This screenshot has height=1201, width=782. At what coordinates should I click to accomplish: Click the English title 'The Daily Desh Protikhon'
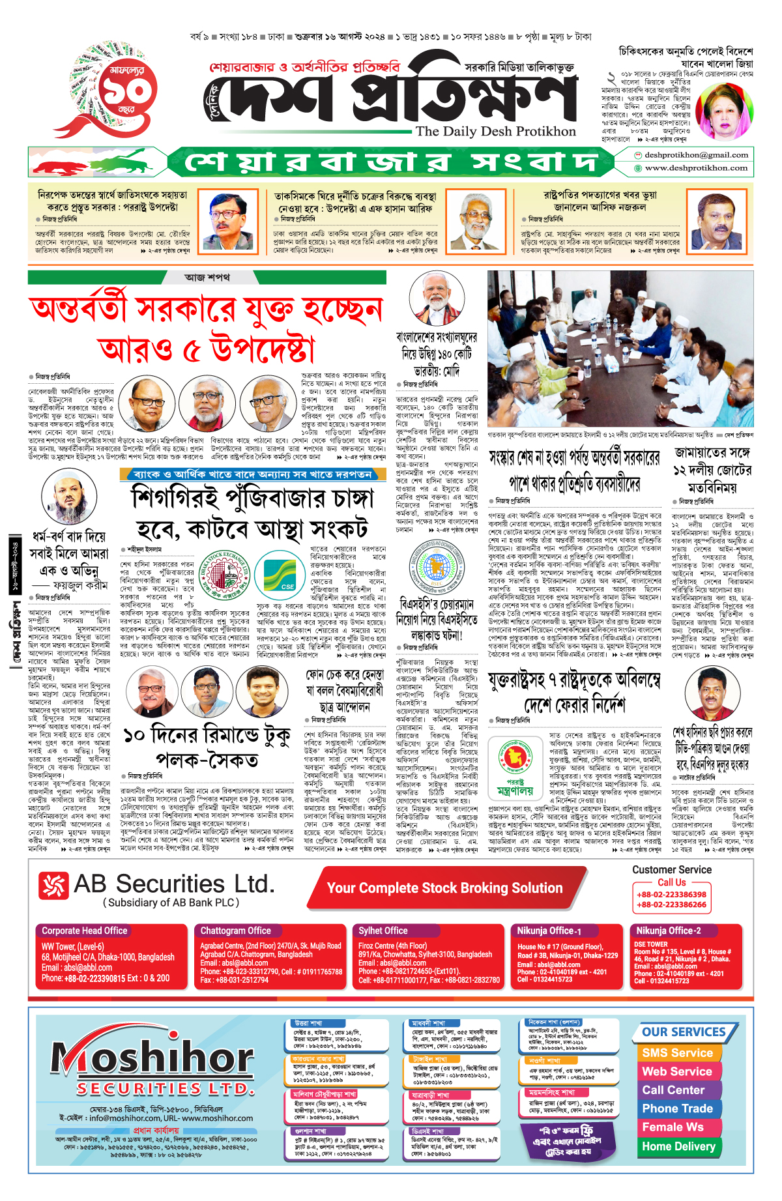(x=495, y=132)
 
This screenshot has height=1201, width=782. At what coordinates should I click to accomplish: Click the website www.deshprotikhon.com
(x=695, y=168)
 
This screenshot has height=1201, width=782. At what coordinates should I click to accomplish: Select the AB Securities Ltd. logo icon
(x=53, y=885)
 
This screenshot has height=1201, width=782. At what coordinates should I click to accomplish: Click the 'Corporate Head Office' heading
(x=85, y=931)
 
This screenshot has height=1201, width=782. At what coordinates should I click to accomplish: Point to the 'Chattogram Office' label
(x=235, y=931)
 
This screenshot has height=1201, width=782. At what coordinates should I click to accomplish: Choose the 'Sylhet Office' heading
(x=383, y=931)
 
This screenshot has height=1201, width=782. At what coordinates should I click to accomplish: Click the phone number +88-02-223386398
(x=671, y=895)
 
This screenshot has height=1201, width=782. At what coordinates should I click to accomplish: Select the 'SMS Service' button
(x=677, y=1052)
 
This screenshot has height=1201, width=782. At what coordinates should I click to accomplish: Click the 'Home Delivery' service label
(x=678, y=1146)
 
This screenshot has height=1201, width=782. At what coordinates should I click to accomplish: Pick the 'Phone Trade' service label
(x=677, y=1108)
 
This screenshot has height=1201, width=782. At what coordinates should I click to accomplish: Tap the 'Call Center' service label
(x=673, y=1090)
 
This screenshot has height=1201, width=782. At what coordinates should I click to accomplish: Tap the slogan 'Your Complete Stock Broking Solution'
(x=444, y=888)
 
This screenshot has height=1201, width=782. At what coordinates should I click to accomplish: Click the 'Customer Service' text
(x=671, y=869)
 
